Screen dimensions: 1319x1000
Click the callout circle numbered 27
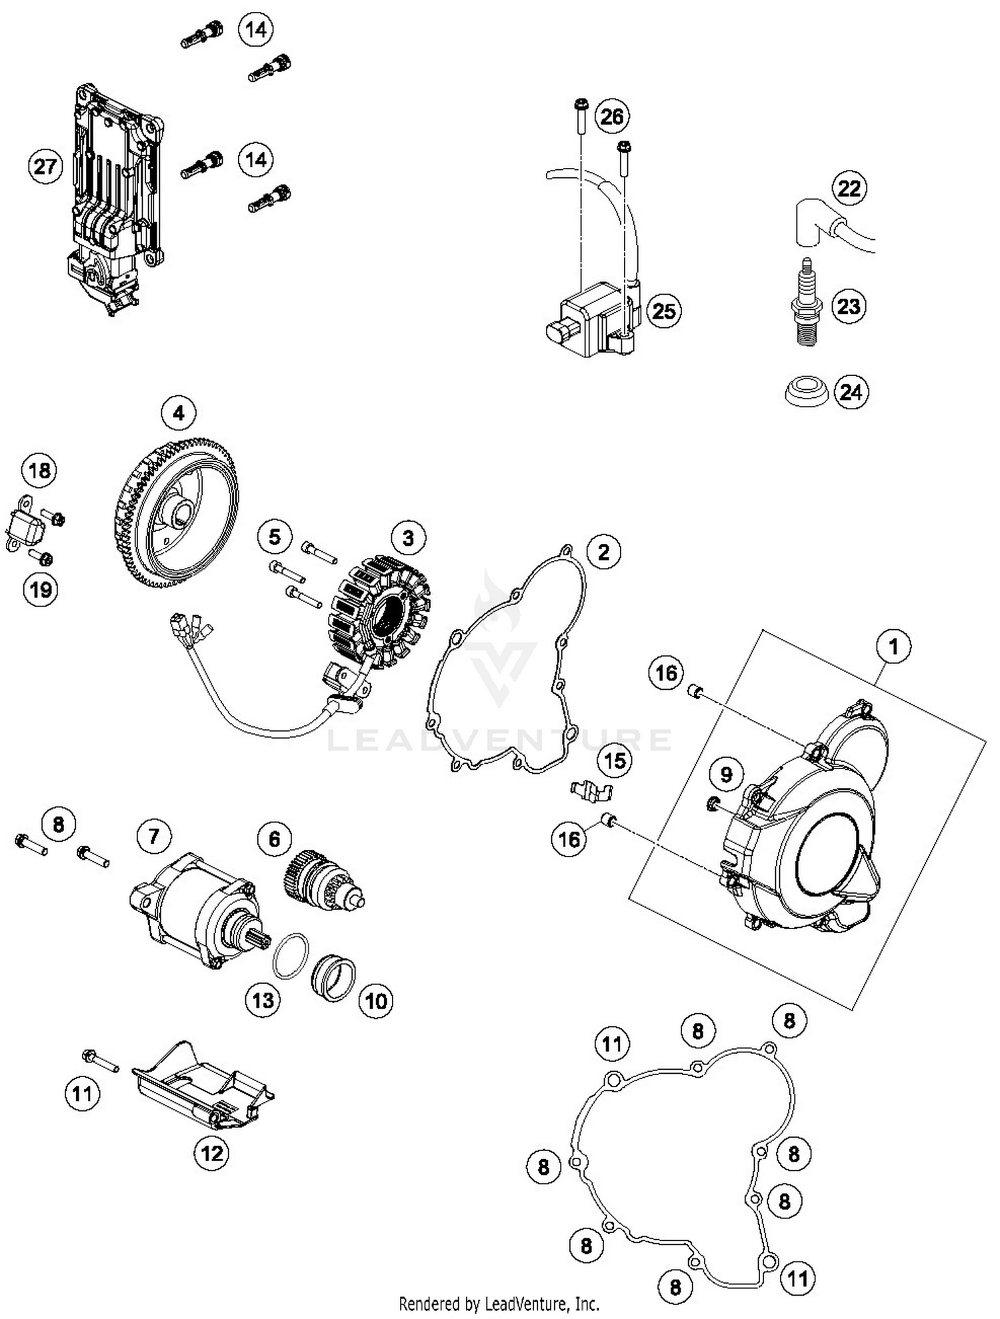[x=45, y=166]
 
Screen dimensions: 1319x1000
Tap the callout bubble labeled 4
[x=178, y=413]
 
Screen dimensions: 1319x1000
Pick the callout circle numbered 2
[x=603, y=552]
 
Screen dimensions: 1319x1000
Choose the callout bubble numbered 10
[x=375, y=1000]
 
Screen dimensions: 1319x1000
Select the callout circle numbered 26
[x=611, y=117]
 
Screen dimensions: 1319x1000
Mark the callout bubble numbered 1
[x=893, y=647]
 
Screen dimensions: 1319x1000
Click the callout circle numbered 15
[x=614, y=760]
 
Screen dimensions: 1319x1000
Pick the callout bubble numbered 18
[x=39, y=471]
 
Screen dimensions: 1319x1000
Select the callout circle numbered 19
[x=40, y=589]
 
